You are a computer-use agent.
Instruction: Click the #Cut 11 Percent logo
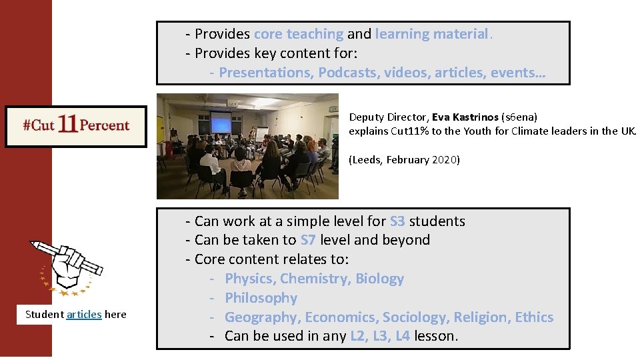(x=76, y=126)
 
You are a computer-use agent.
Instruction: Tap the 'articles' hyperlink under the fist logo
(x=84, y=314)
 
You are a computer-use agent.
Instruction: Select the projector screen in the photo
(x=221, y=122)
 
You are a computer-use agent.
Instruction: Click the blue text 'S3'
(x=397, y=221)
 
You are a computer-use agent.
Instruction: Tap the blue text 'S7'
(x=309, y=239)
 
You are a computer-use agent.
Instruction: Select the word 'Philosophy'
(x=261, y=297)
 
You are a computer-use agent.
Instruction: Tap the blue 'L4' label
(x=402, y=335)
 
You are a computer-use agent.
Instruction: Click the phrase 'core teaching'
(x=299, y=34)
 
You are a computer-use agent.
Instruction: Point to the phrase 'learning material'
(x=433, y=34)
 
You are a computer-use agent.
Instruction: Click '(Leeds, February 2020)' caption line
(x=404, y=160)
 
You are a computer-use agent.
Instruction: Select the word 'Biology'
(x=379, y=278)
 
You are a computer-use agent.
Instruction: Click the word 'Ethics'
(x=534, y=317)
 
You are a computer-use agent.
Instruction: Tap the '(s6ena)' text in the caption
(x=519, y=117)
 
